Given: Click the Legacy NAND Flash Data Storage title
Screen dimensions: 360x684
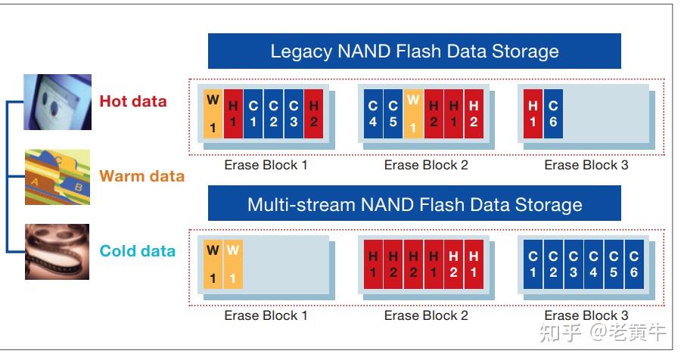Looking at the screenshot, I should click(x=415, y=51).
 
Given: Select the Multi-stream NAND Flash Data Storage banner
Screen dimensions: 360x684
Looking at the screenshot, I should click(x=415, y=204).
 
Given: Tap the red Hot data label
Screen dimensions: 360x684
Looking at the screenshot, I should click(x=133, y=101).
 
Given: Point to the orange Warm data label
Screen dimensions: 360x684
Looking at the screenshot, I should click(x=141, y=176).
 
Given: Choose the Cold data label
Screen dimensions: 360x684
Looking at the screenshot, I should click(x=137, y=251).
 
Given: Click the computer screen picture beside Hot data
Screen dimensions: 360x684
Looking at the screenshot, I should click(x=57, y=101).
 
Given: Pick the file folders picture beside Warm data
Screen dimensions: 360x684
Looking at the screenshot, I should click(x=57, y=177).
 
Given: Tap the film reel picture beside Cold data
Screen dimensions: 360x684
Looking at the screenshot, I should click(x=57, y=251).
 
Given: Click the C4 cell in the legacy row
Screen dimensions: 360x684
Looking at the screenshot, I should click(x=373, y=113).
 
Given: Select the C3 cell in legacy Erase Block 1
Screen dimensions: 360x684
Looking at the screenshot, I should click(x=294, y=113).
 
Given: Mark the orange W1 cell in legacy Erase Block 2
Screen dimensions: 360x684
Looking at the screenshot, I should click(x=412, y=113).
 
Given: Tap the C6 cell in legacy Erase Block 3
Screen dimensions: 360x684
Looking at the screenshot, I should click(x=553, y=113).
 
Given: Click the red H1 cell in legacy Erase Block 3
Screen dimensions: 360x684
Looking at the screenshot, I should click(x=533, y=113).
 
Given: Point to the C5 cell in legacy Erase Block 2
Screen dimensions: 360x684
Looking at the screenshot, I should click(x=393, y=113).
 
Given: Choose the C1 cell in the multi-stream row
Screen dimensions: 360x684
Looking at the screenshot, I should click(x=533, y=265).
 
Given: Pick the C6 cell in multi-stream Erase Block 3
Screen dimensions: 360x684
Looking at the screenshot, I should click(x=633, y=265).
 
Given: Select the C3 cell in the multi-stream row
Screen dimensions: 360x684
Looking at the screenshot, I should click(x=574, y=265).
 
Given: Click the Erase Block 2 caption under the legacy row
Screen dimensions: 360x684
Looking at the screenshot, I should click(x=426, y=165).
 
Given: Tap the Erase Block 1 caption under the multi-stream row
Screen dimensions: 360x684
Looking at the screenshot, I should click(x=266, y=315).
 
